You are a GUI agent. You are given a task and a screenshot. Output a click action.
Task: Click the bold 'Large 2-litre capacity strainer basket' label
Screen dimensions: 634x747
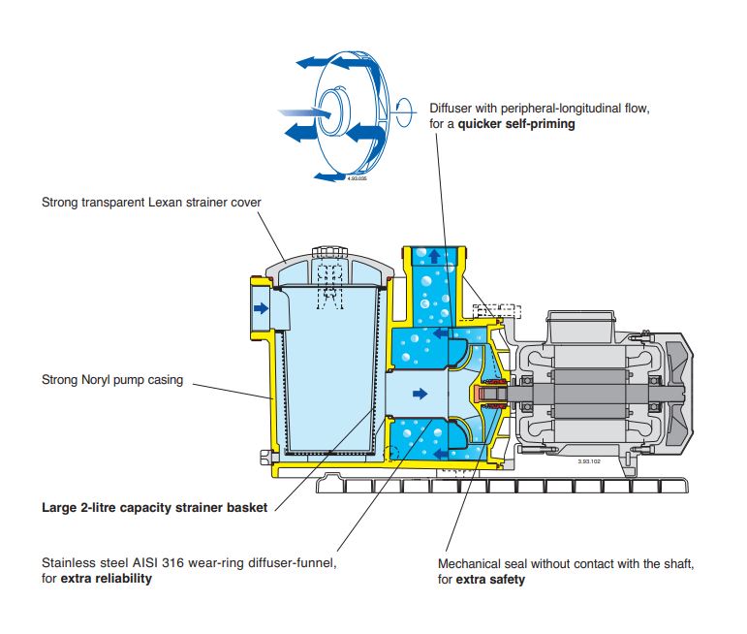(154, 507)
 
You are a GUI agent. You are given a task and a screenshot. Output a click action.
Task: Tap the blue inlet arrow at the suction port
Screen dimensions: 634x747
(261, 308)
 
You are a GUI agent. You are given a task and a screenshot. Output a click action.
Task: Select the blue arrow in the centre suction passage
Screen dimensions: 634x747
(419, 394)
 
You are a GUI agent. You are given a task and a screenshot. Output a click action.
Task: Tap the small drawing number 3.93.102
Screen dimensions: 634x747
(591, 461)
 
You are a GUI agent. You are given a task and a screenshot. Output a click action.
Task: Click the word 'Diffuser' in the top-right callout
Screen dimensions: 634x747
(453, 109)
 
